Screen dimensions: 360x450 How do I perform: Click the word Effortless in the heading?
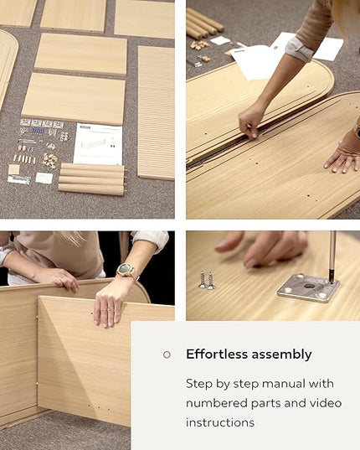216,354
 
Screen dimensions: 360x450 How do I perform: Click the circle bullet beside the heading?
167,354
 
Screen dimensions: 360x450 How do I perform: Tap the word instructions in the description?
220,422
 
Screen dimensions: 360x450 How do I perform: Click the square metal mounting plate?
308,287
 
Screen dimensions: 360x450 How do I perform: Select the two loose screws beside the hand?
207,280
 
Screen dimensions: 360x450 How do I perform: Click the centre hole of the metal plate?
309,286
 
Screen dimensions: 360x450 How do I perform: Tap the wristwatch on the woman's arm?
126,270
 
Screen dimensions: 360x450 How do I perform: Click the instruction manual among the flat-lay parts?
98,143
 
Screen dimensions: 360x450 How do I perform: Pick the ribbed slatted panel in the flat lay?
157,112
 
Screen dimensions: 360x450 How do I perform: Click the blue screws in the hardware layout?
38,131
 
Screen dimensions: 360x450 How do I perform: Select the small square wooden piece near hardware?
13,169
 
